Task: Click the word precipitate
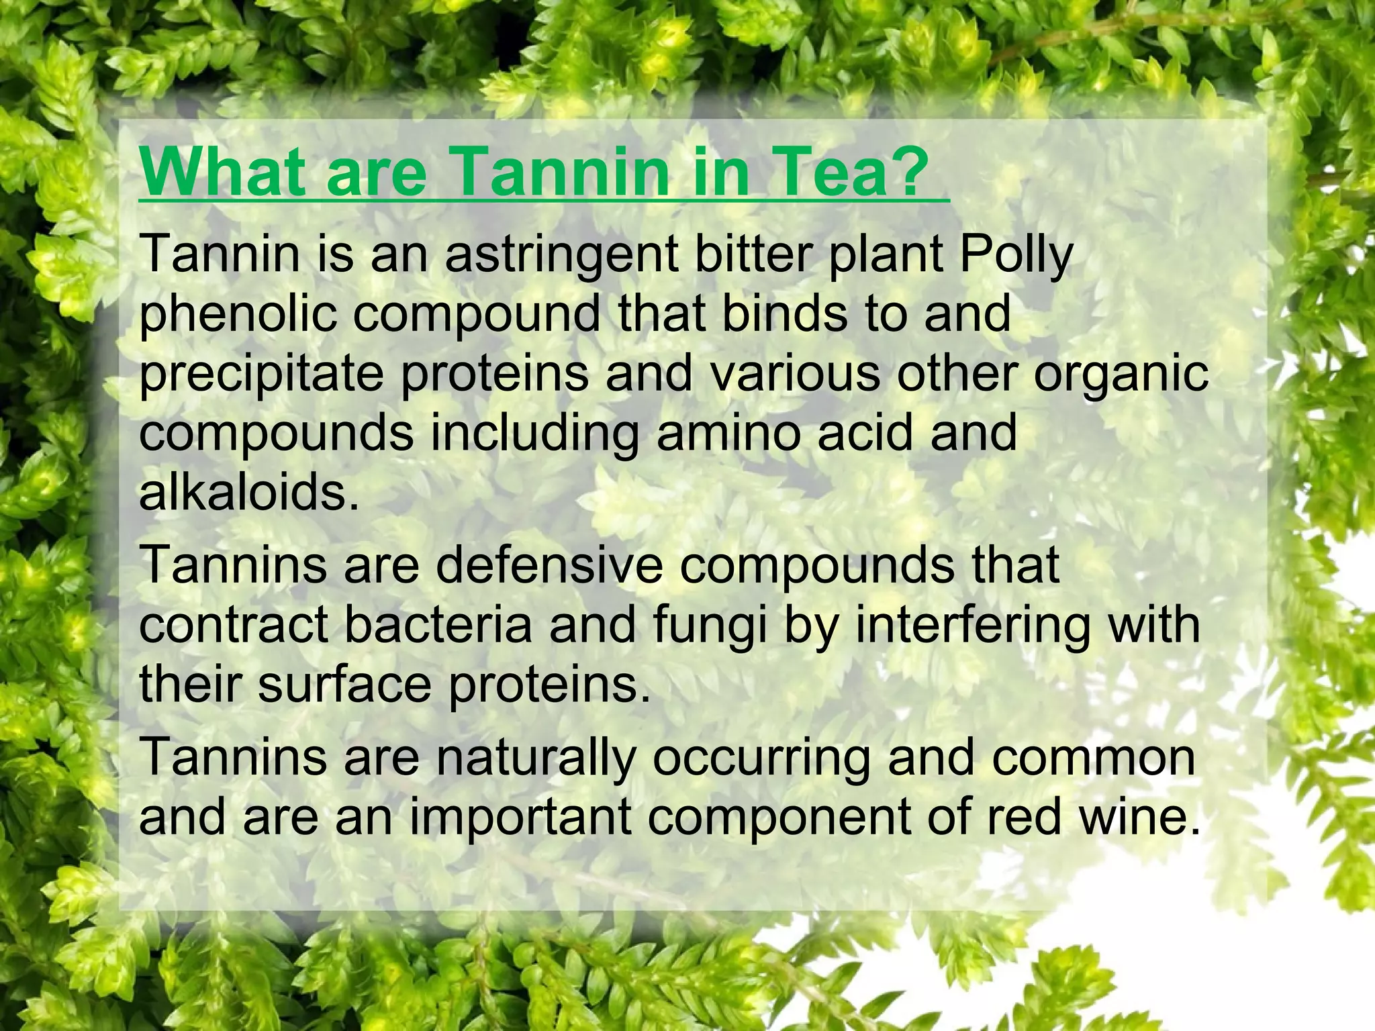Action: [260, 375]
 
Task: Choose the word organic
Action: [1121, 375]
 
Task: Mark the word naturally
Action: [536, 757]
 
